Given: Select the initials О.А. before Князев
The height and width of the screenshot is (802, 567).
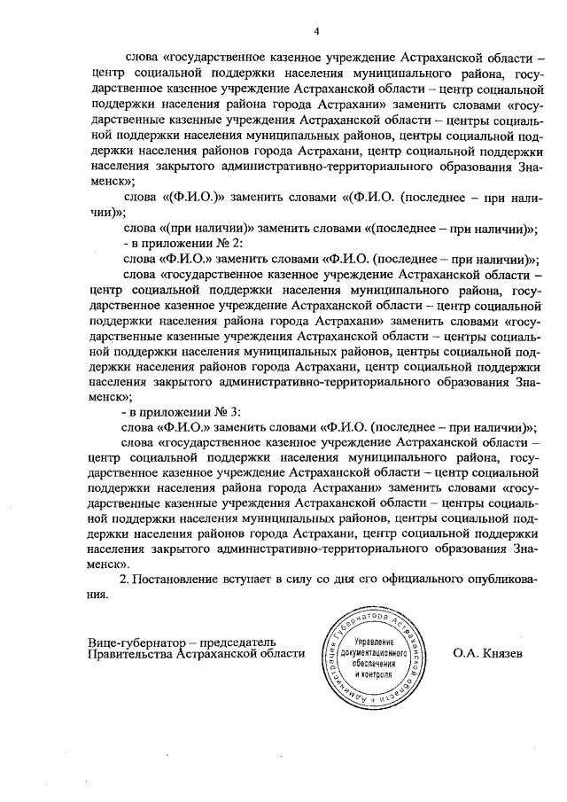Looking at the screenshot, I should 464,653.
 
